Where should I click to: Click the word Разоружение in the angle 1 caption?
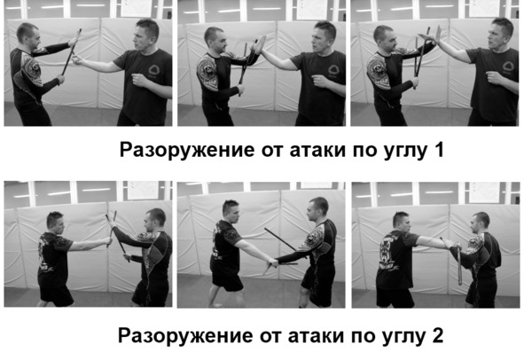188,150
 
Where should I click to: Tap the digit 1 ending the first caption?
439,149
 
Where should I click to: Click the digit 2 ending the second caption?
437,335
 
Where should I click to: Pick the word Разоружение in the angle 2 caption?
186,336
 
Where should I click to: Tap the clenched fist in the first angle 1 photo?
139,80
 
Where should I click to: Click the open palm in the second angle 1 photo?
259,45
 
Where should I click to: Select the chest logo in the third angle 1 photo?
508,66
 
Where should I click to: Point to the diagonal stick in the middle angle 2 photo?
281,240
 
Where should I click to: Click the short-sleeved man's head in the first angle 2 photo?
55,222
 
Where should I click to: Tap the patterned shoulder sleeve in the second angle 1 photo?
207,71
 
